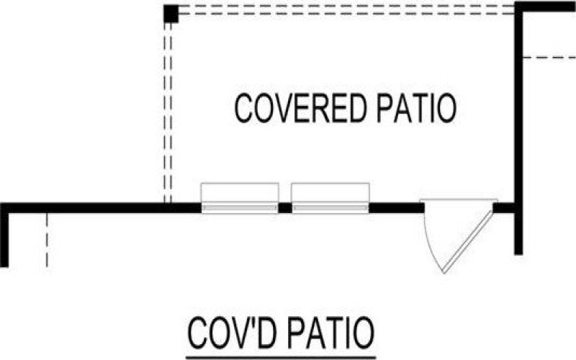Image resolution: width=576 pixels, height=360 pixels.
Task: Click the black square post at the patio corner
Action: [171, 14]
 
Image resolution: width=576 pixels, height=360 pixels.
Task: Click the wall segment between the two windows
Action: [285, 208]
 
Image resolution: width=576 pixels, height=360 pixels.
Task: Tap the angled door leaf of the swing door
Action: [468, 238]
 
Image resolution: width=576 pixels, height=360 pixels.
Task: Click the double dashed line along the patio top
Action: [346, 10]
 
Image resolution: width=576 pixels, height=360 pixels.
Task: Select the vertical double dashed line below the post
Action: [168, 108]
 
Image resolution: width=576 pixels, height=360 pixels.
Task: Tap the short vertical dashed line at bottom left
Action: [46, 240]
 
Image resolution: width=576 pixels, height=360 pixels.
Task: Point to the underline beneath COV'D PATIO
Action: [281, 355]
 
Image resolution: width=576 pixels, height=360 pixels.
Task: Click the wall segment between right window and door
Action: [396, 208]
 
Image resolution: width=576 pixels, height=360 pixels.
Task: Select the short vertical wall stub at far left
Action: [4, 238]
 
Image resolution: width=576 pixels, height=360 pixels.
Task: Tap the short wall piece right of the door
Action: [504, 208]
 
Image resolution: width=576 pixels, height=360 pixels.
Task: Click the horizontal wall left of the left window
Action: [101, 208]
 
